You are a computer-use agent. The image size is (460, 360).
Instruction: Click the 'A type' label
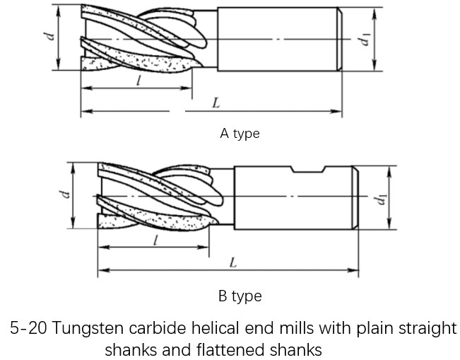(240, 134)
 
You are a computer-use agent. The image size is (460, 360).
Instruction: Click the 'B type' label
(240, 296)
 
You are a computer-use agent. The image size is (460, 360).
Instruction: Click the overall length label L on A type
(216, 103)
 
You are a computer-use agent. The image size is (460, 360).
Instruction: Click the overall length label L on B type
(233, 263)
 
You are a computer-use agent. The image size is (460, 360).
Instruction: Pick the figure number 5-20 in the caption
(28, 328)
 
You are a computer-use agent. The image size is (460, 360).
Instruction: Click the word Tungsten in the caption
(85, 328)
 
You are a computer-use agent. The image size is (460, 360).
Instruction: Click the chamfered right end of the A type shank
(341, 39)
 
